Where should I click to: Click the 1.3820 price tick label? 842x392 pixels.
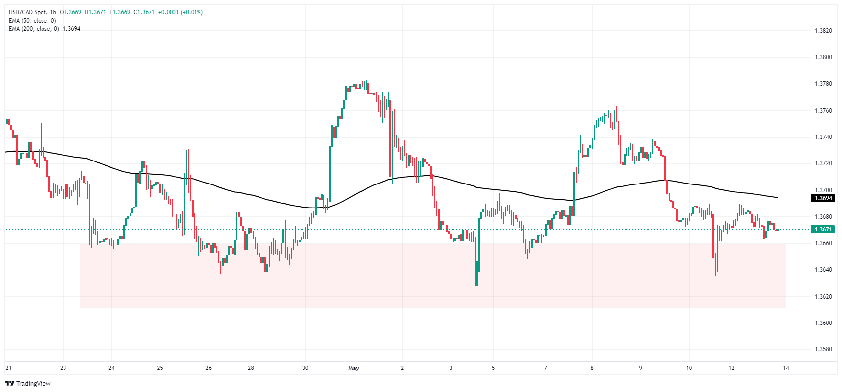823,31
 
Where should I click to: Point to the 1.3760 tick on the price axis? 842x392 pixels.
823,111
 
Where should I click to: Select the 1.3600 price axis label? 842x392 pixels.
823,323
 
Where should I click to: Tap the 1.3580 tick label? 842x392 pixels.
823,349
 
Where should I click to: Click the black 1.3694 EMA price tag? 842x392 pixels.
822,198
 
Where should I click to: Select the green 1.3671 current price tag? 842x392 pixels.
822,230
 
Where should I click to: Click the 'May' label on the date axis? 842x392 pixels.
354,368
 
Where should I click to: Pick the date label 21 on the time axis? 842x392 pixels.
8,368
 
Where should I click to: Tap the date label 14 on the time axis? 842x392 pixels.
786,368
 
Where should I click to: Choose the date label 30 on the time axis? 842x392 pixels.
305,368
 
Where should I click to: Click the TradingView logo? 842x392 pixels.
28,383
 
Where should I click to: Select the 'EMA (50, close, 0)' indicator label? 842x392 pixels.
32,21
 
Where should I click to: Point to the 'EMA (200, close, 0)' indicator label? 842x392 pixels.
34,29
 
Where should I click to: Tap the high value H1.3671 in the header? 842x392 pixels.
95,12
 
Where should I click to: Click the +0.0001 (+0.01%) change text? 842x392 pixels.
180,12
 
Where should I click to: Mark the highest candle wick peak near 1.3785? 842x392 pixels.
346,77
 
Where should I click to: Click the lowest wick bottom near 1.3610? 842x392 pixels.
475,309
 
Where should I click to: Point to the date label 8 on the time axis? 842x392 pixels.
592,368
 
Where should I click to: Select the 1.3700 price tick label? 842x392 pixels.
823,190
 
